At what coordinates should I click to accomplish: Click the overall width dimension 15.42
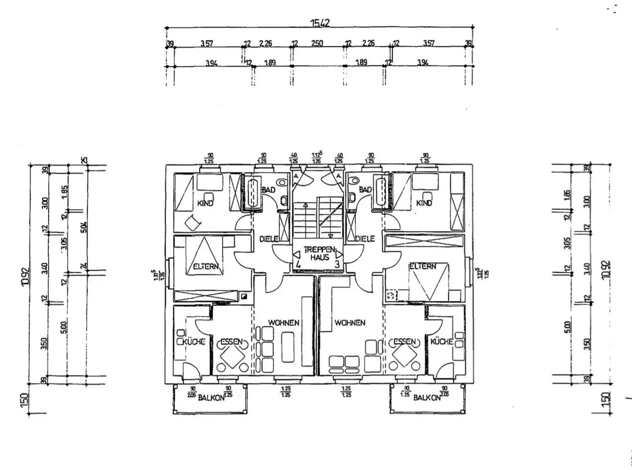click(x=320, y=22)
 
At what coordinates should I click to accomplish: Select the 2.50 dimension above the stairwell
click(x=316, y=43)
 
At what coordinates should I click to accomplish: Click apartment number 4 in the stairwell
click(x=298, y=264)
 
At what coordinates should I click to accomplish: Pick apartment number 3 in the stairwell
click(x=337, y=264)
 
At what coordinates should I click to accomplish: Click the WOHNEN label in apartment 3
click(x=350, y=322)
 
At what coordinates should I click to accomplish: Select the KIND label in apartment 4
click(x=205, y=203)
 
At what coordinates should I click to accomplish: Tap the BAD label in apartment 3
click(x=365, y=190)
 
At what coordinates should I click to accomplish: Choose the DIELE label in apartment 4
click(x=269, y=239)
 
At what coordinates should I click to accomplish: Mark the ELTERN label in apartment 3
click(x=422, y=266)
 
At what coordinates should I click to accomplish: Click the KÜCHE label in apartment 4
click(x=194, y=342)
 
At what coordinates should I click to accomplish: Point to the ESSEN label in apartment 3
click(x=405, y=341)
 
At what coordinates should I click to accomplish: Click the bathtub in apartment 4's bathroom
click(x=252, y=192)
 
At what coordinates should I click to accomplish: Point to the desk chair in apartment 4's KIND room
click(x=192, y=223)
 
